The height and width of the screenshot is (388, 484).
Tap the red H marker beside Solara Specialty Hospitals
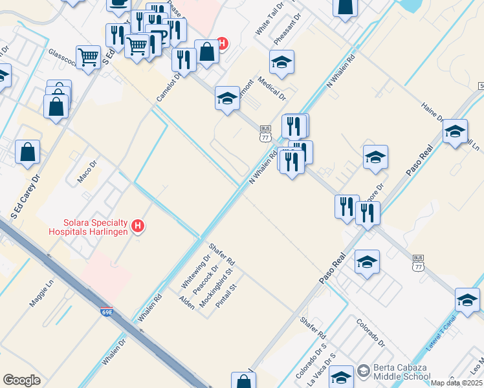[137, 226]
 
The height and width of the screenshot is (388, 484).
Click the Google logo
[21, 380]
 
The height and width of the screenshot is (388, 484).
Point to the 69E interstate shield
[107, 312]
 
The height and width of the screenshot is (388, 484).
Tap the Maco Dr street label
[87, 173]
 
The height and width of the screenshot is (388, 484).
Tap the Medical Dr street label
[272, 89]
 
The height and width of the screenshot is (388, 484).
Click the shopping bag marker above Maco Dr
[28, 153]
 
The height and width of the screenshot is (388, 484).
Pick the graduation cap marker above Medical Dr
[281, 62]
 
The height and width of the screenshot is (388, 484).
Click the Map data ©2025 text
[457, 383]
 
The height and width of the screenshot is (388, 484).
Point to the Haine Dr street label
[432, 111]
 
